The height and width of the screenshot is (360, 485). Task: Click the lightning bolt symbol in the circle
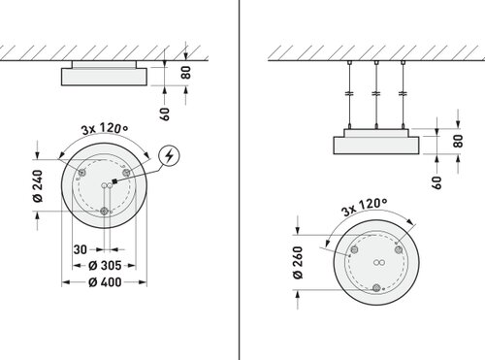169,156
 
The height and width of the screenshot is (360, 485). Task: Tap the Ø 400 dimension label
105,282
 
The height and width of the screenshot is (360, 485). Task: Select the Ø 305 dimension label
105,266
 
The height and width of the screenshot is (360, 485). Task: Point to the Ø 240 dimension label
38,186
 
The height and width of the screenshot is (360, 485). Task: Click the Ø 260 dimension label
298,262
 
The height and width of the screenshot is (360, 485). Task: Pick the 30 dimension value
81,249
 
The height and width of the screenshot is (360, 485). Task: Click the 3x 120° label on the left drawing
105,128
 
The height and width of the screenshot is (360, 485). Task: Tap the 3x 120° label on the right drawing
365,207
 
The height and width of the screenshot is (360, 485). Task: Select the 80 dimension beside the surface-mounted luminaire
186,72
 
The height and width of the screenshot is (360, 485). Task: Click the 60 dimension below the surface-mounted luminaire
165,114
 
